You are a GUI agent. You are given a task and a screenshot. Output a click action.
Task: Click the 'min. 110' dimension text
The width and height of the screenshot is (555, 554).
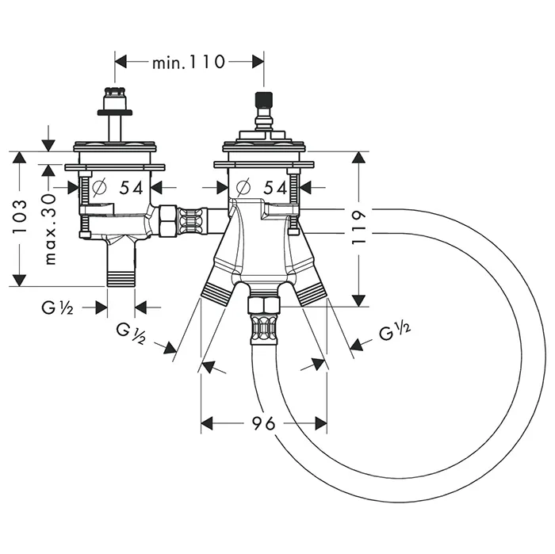(189, 61)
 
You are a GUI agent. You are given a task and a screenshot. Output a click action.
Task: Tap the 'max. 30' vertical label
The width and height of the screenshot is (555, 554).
(50, 229)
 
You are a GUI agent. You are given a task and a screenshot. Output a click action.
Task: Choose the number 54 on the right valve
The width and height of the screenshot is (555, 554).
(274, 188)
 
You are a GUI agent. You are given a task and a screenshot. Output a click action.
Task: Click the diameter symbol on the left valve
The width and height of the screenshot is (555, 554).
(100, 188)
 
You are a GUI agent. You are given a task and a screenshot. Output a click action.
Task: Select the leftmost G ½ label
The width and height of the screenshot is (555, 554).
(57, 308)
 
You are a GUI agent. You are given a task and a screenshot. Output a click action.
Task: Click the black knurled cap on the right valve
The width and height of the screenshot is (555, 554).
(262, 101)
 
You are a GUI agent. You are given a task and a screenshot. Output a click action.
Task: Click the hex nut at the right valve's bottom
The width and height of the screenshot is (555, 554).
(263, 304)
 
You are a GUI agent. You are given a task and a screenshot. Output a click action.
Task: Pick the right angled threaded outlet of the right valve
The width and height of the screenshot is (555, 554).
(312, 294)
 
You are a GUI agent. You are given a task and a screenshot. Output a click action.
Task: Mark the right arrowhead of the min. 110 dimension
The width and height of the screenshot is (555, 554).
(258, 61)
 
